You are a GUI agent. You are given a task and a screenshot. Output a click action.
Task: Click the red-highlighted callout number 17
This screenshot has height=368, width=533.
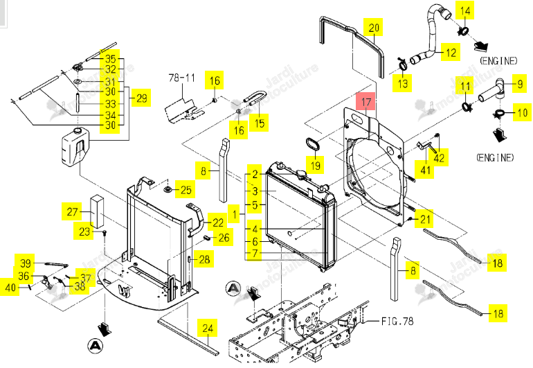point(365,102)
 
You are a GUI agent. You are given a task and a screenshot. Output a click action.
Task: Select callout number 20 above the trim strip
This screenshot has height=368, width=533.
point(374,27)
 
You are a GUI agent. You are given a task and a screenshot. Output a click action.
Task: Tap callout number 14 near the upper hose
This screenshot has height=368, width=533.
point(464,10)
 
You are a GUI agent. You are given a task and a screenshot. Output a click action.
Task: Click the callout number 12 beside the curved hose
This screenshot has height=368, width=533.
point(451,53)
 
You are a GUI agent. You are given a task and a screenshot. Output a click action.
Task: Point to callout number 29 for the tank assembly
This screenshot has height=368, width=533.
point(141,98)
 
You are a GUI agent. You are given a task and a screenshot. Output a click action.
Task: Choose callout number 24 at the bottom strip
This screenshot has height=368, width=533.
point(208,328)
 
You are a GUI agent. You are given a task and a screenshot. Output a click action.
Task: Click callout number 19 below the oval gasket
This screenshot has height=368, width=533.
point(315,165)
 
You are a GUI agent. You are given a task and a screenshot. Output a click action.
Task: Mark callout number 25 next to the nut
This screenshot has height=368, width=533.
point(186,190)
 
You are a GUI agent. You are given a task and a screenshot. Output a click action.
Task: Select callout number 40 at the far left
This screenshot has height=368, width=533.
point(10,288)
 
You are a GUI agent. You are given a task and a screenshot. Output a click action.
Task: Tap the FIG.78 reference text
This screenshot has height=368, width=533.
point(397,321)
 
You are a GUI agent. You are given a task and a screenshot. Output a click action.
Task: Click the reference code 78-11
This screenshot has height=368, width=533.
point(182,78)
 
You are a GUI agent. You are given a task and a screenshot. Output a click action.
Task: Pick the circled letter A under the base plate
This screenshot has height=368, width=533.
point(96,346)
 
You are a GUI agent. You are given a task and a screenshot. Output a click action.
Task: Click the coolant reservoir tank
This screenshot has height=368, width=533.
point(75,147)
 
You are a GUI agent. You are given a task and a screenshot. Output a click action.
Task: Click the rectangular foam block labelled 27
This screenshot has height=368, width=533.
point(97,211)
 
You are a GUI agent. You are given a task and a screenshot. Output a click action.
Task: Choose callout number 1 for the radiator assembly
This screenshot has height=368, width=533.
point(234,214)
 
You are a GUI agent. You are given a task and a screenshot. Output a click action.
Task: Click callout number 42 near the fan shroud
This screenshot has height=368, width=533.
point(438,157)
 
